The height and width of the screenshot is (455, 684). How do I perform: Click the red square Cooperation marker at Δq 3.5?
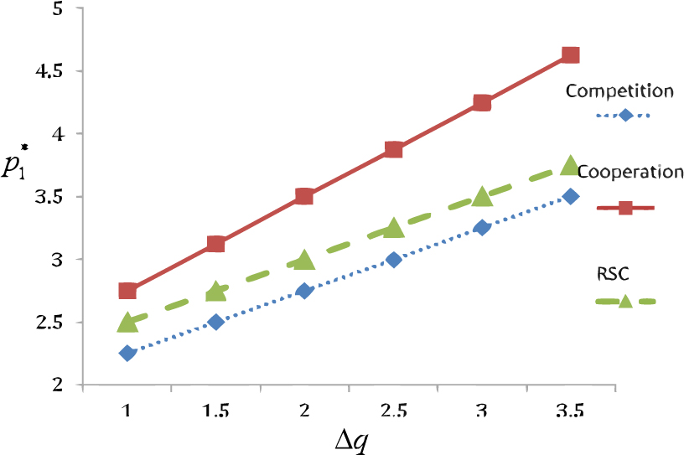click(x=571, y=55)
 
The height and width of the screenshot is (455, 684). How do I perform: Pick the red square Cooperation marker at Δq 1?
click(x=127, y=291)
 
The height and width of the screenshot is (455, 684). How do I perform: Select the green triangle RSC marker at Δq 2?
click(x=304, y=260)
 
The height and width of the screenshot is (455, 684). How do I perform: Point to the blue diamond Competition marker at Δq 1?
click(x=127, y=353)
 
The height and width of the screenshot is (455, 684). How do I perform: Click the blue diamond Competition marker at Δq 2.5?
click(x=393, y=260)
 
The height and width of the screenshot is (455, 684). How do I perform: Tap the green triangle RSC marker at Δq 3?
click(x=482, y=197)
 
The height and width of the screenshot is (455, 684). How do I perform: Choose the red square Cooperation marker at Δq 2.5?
click(x=393, y=150)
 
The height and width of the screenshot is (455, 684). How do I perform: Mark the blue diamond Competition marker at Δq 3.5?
click(x=571, y=196)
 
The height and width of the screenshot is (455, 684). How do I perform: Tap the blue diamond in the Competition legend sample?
click(x=625, y=115)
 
